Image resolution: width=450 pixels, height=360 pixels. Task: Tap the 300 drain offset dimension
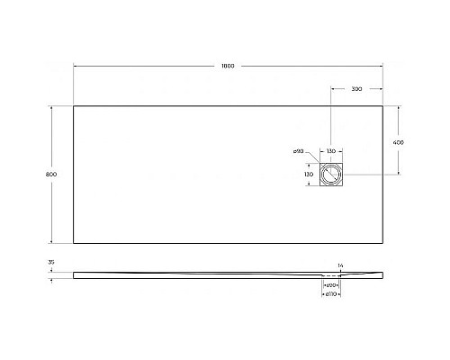[x=357, y=90]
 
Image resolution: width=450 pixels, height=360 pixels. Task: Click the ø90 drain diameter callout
[x=298, y=151]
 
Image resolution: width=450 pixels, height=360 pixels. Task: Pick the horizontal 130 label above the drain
[x=331, y=151]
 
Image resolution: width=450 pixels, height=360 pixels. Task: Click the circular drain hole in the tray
[x=332, y=173]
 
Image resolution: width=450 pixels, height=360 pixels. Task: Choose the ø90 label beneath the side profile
[x=331, y=285]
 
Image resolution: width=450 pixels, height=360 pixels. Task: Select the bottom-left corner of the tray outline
[x=73, y=243]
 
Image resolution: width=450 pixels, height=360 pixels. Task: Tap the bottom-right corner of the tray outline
[x=385, y=243]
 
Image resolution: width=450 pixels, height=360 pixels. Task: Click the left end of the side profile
[x=73, y=273]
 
